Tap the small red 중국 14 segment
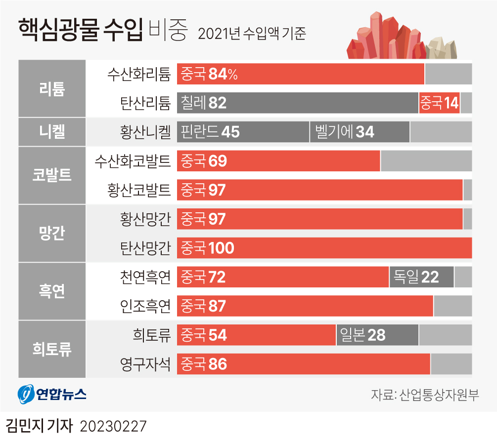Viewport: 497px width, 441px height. (439, 103)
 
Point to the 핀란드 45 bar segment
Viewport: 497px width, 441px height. (243, 132)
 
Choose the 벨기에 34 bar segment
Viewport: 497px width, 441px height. (360, 132)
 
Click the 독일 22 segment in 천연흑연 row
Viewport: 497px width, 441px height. (421, 277)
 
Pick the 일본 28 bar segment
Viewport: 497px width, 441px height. (377, 335)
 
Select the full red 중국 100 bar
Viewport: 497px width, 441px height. (324, 248)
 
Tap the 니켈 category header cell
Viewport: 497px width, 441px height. (52, 132)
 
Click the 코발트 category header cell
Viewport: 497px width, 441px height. (52, 175)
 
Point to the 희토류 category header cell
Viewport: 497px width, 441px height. (52, 350)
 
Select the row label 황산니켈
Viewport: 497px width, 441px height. (145, 132)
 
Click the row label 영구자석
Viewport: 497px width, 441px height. (145, 364)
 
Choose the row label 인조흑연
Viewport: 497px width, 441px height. (145, 306)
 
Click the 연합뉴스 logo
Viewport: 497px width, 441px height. (52, 394)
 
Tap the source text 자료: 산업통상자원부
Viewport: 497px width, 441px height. (424, 395)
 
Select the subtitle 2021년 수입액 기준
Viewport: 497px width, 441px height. (252, 34)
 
